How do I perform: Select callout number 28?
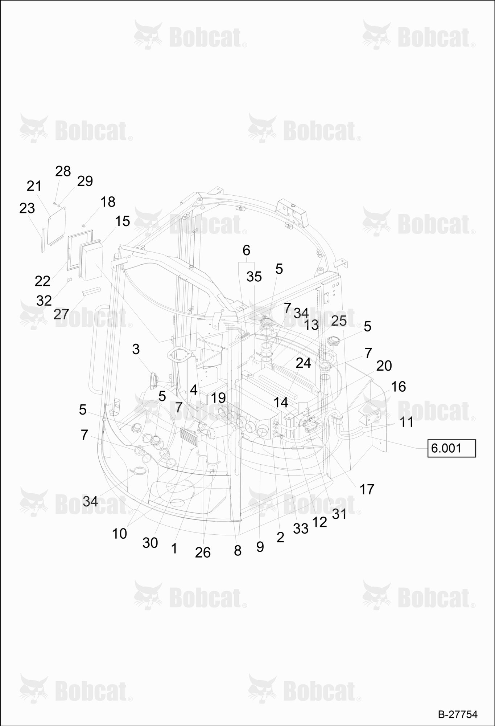tap(63, 171)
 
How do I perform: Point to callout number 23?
tap(27, 208)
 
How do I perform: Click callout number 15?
tap(123, 221)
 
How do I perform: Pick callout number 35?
tap(254, 277)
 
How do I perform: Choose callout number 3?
tap(136, 349)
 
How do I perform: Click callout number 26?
tap(203, 552)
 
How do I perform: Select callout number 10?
tap(119, 534)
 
